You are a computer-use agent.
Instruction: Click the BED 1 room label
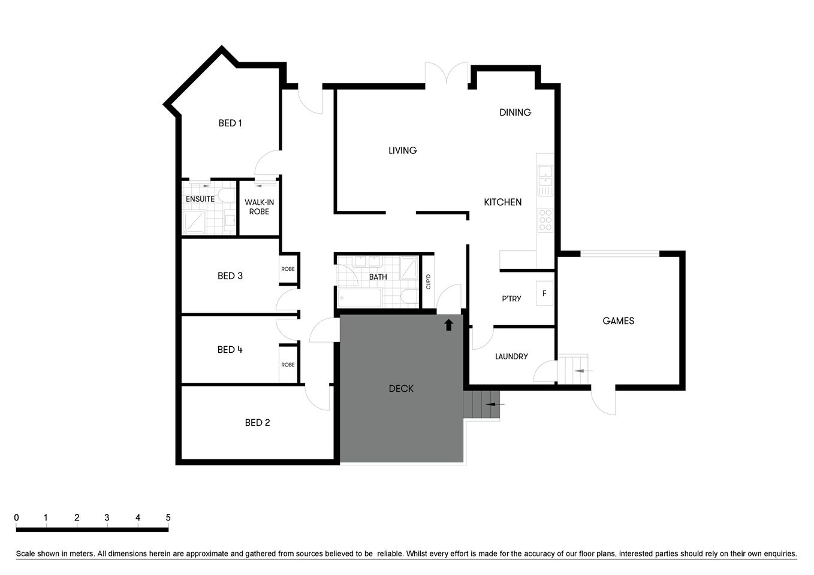[230, 123]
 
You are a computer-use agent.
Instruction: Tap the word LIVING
[403, 150]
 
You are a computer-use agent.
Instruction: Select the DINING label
[515, 113]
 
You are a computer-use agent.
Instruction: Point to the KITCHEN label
[503, 202]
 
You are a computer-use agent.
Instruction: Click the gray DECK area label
[401, 389]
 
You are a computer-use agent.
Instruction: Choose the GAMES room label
[619, 321]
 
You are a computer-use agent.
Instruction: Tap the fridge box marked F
[544, 293]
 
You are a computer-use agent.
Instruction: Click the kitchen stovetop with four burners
[545, 220]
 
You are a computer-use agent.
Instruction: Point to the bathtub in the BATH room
[360, 297]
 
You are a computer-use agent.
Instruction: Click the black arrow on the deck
[448, 325]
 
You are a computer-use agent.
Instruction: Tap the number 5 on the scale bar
[168, 518]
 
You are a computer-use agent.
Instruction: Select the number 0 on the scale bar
[17, 518]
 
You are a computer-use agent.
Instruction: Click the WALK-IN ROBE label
[259, 207]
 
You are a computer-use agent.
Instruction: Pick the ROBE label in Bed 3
[288, 269]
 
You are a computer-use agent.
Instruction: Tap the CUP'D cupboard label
[428, 281]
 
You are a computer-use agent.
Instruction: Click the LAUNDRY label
[511, 356]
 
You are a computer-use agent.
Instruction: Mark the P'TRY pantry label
[511, 298]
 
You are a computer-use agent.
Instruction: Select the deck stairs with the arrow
[481, 405]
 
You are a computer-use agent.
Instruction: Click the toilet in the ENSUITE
[227, 195]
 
